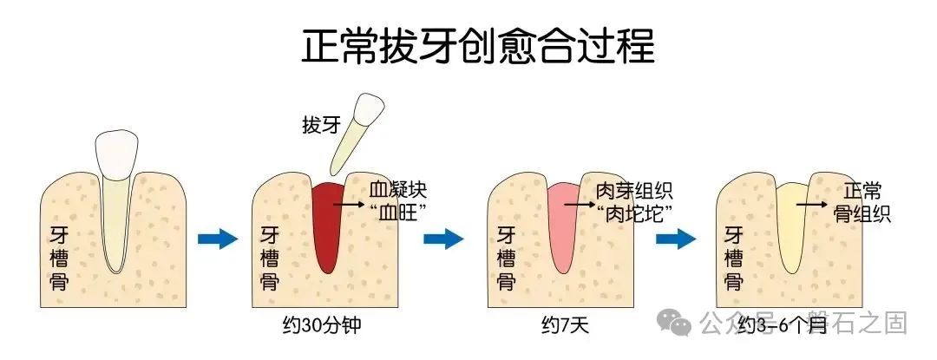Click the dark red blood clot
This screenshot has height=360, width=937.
[327, 226]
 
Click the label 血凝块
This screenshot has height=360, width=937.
[398, 190]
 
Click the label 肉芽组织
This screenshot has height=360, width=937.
[633, 190]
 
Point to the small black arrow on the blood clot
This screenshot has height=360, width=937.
[349, 204]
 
